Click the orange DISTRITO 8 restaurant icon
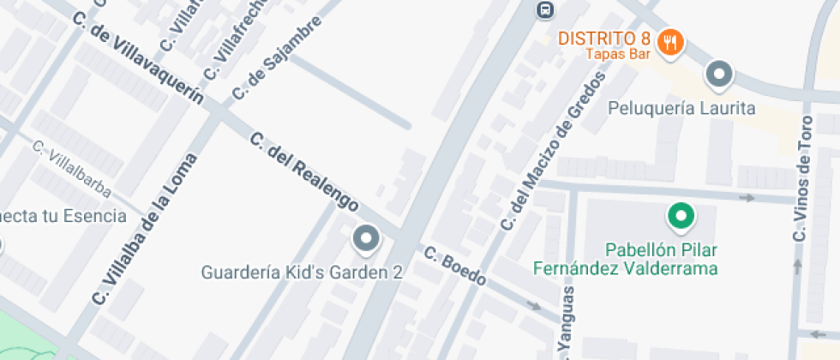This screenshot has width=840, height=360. click(670, 43)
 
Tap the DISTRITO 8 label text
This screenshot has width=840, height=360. click(604, 39)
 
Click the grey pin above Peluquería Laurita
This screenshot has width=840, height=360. click(718, 75)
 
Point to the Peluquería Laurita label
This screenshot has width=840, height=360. click(681, 109)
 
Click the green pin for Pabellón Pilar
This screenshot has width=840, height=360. click(681, 216)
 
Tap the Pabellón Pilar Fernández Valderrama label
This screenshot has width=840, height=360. click(625, 259)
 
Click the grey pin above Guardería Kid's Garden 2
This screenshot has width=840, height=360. click(367, 238)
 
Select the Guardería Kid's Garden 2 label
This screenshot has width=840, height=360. click(302, 273)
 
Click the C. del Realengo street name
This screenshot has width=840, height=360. click(303, 172)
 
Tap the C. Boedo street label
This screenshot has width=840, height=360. click(455, 267)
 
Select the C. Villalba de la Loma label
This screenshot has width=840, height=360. click(145, 231)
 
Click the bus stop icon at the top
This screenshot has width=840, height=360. click(543, 10)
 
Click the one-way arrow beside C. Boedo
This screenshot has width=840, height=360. click(535, 305)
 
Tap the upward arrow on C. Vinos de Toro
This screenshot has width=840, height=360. click(798, 267)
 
